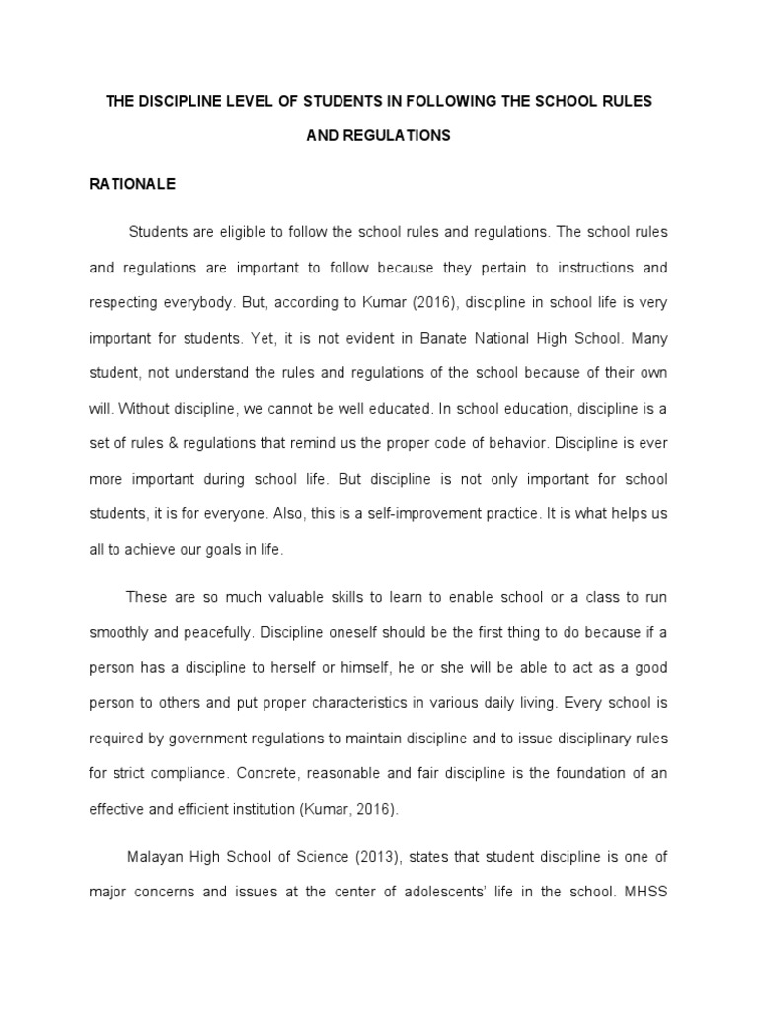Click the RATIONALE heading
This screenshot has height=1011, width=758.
point(132,184)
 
